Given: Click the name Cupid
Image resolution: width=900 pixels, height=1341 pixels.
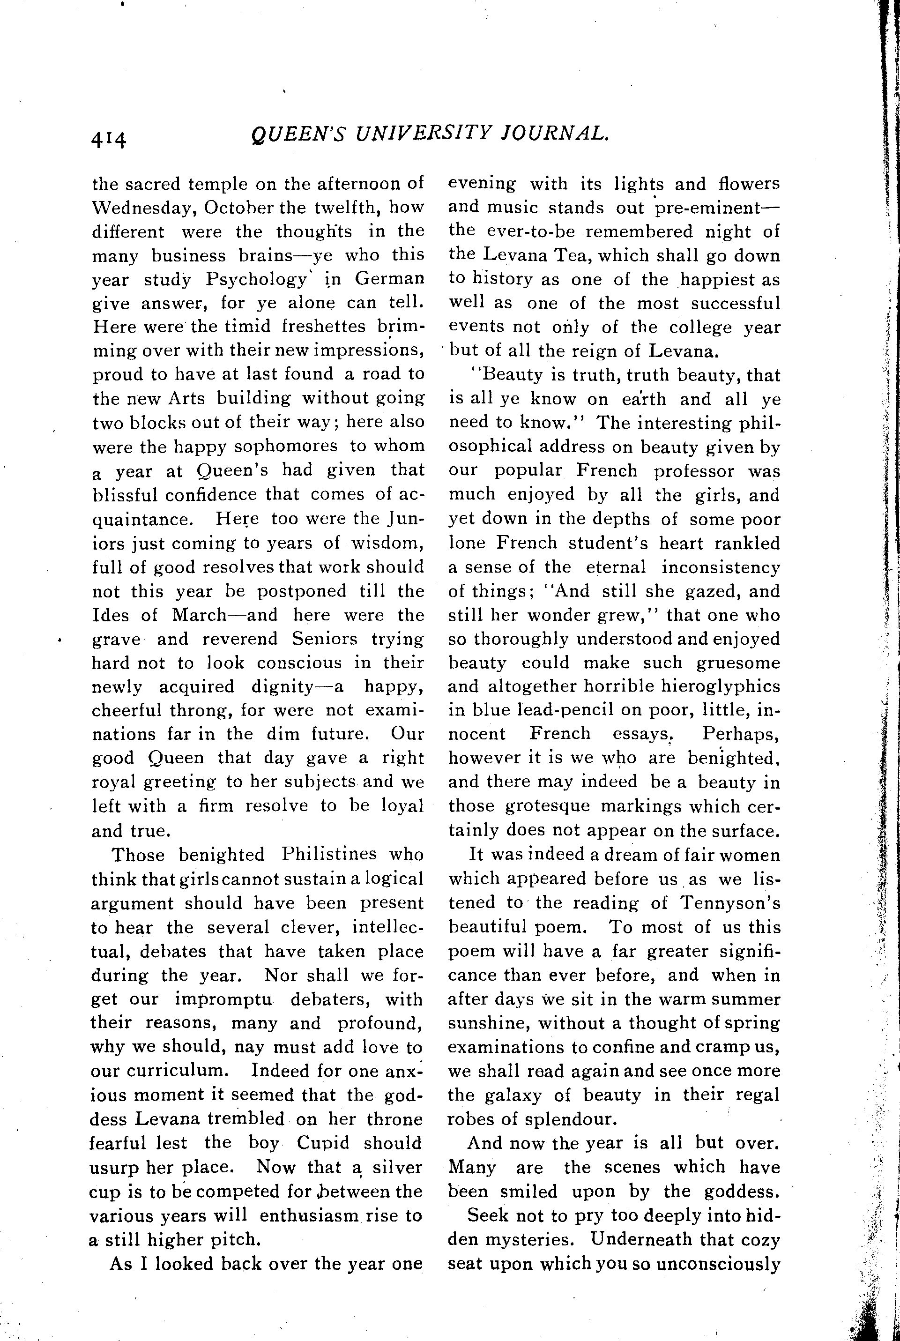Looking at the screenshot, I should tap(323, 1142).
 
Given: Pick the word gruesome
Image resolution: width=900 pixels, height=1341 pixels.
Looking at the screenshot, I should tap(738, 663).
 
